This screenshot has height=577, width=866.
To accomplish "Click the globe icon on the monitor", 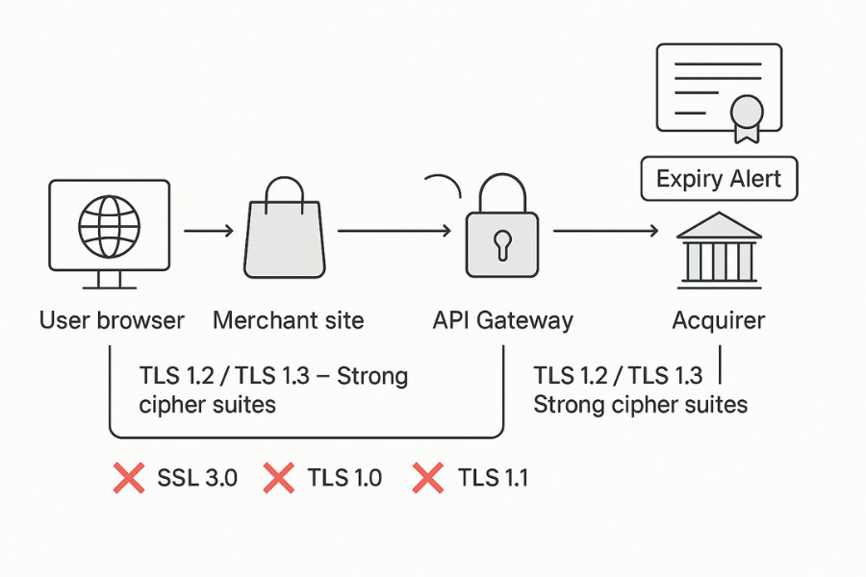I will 108,227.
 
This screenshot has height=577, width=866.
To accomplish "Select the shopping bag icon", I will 286,236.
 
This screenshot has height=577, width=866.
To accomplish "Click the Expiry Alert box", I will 719,179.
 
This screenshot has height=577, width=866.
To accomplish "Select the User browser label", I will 112,320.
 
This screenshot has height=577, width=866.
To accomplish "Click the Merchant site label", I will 289,320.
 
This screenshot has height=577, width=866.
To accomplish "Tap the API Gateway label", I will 502,320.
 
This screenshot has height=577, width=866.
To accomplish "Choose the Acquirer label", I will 719,320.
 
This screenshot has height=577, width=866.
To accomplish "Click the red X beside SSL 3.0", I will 128,477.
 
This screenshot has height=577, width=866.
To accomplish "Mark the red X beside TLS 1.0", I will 278,477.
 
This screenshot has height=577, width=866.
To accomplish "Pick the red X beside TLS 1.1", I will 427,477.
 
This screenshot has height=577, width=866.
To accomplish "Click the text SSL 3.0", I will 196,477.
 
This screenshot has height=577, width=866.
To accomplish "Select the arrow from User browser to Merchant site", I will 208,231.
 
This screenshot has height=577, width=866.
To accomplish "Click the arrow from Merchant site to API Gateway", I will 395,231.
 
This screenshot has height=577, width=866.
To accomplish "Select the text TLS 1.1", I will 493,477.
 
